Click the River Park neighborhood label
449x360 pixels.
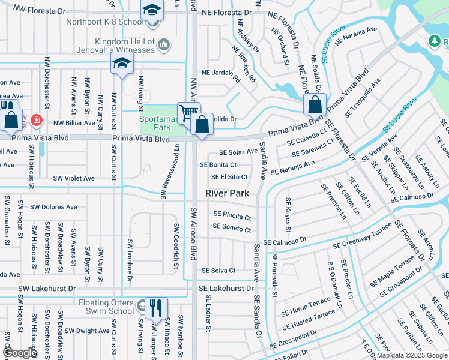point(227,193)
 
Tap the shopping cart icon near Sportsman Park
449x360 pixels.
point(188,111)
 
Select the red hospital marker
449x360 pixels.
point(37,120)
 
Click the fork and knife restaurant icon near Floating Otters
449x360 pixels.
point(155,308)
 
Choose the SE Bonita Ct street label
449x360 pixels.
point(218,164)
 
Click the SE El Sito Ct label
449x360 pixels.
point(229,177)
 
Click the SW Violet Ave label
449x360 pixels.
point(74,178)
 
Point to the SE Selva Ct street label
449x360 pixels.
point(218,271)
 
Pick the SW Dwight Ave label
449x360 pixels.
point(87,331)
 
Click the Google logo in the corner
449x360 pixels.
point(20,353)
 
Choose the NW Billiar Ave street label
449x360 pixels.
point(74,123)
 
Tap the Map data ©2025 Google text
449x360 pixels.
point(412,355)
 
